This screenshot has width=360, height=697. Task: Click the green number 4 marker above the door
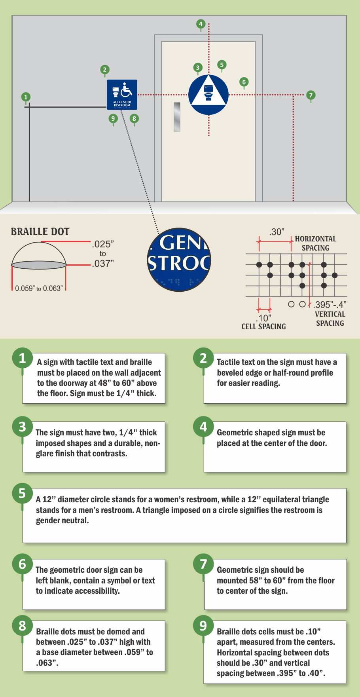point(201,24)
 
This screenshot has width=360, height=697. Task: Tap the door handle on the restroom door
point(177,117)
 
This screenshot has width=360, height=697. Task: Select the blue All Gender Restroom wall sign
point(122,95)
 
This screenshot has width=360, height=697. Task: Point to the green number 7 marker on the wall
point(311,95)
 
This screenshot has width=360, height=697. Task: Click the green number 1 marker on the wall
point(26,97)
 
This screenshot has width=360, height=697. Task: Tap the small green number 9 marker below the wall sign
point(113,118)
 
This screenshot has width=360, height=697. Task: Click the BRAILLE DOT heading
point(40,232)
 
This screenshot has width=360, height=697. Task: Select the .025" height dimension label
point(103,244)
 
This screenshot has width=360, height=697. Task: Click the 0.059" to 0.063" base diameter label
point(39,289)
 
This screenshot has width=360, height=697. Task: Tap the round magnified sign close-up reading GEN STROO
point(179,260)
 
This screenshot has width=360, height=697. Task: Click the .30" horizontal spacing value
point(277,232)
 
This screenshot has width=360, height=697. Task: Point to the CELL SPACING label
point(263,327)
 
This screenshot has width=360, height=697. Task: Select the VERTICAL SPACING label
point(330,319)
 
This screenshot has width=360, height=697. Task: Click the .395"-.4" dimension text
point(330,305)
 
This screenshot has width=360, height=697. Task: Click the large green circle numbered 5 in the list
point(22,493)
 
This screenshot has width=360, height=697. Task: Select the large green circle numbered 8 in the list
point(22,625)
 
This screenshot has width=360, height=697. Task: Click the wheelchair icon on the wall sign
point(127,90)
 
